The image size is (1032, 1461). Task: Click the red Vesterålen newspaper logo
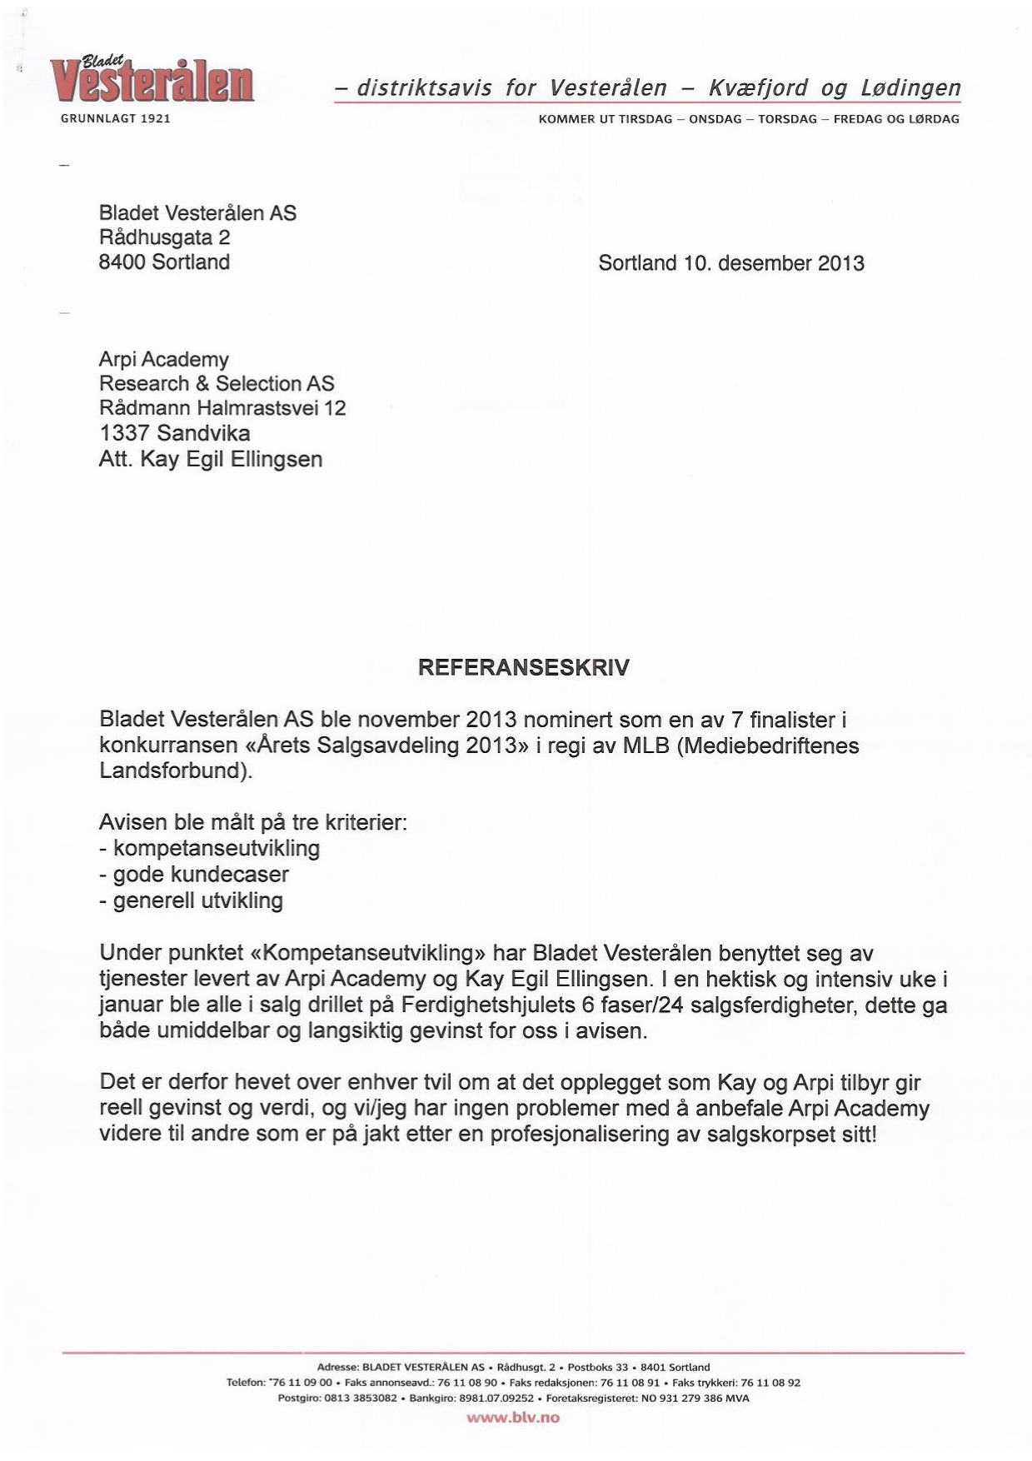point(152,82)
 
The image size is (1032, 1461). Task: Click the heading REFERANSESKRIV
point(523,668)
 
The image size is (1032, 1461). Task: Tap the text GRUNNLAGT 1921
point(116,119)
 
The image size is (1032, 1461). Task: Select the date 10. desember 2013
point(774,263)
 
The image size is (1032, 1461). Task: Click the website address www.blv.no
point(513,1418)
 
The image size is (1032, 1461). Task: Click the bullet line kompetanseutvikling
point(216,849)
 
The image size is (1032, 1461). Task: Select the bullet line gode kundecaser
point(200,875)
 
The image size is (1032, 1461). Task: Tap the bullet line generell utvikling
point(197,900)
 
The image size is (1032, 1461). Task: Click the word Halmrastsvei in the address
point(259,408)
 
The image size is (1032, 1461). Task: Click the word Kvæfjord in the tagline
point(758,88)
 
